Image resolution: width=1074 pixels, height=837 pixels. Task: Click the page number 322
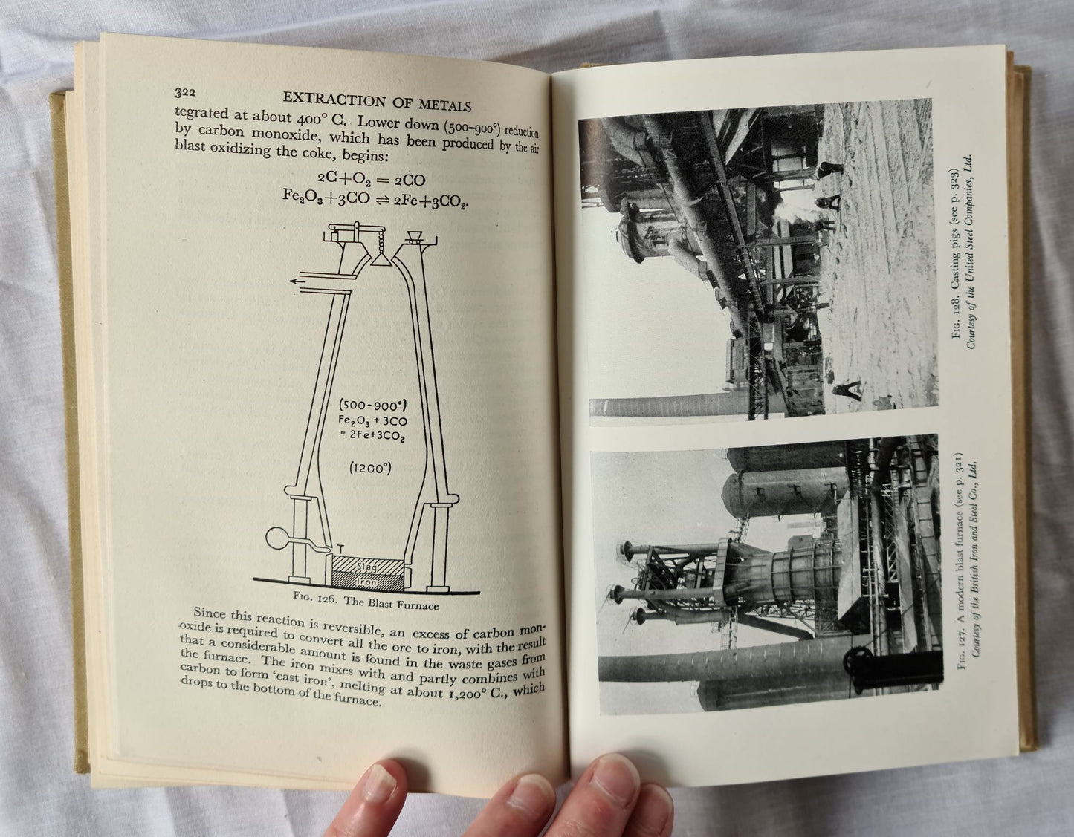pos(185,92)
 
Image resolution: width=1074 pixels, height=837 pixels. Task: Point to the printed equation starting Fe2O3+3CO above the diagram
pos(375,198)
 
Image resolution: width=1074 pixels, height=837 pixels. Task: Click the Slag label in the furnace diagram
pos(366,567)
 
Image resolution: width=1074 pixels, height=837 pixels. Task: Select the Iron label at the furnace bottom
pos(366,582)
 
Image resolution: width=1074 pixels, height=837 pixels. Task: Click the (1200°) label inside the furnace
pos(370,468)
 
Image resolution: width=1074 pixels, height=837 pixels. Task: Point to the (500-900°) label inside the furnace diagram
pos(372,406)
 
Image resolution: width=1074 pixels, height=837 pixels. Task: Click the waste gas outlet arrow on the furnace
pos(303,281)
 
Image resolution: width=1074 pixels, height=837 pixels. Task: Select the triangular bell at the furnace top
pos(381,258)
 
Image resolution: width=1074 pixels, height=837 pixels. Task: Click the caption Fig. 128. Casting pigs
pos(955,253)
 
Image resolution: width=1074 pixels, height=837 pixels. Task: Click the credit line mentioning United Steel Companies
pos(971,252)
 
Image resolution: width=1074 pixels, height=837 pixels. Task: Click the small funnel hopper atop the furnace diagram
pos(414,237)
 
